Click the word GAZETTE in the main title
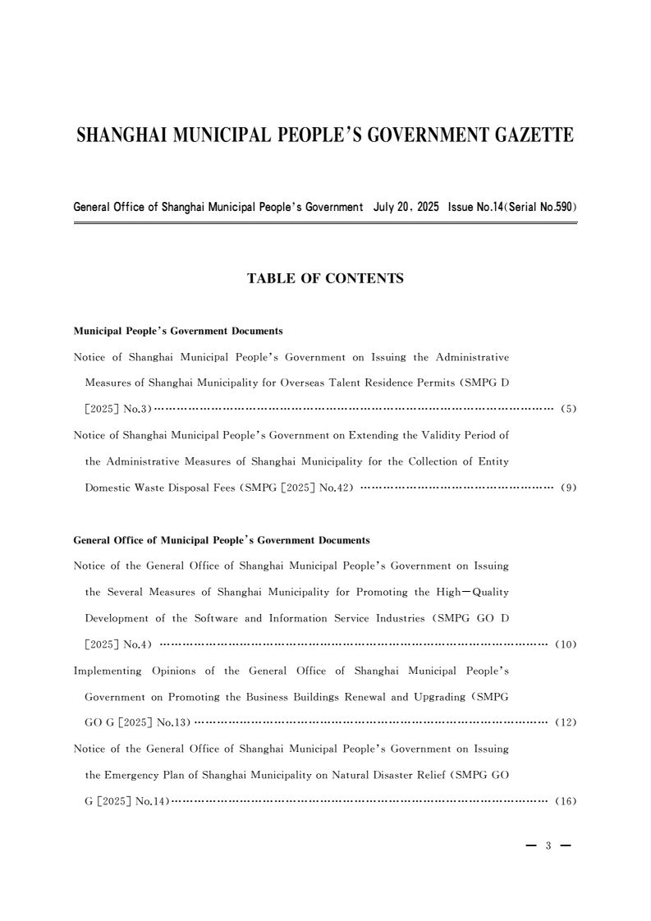pos(521,135)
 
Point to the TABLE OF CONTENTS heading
pos(325,279)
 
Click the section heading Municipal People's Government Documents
pos(178,331)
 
